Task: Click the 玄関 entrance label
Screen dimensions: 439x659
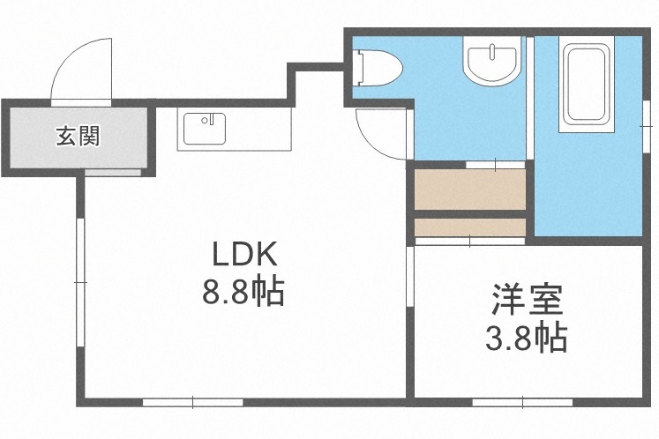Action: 78,137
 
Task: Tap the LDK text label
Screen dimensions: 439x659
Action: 243,256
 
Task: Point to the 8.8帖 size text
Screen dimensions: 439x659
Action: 243,292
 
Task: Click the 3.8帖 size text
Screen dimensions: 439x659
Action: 528,338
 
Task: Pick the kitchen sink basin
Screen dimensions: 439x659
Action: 204,130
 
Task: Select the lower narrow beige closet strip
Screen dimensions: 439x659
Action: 469,227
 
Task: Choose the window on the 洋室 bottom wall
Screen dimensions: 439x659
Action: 521,402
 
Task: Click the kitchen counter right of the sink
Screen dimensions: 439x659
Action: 260,130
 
